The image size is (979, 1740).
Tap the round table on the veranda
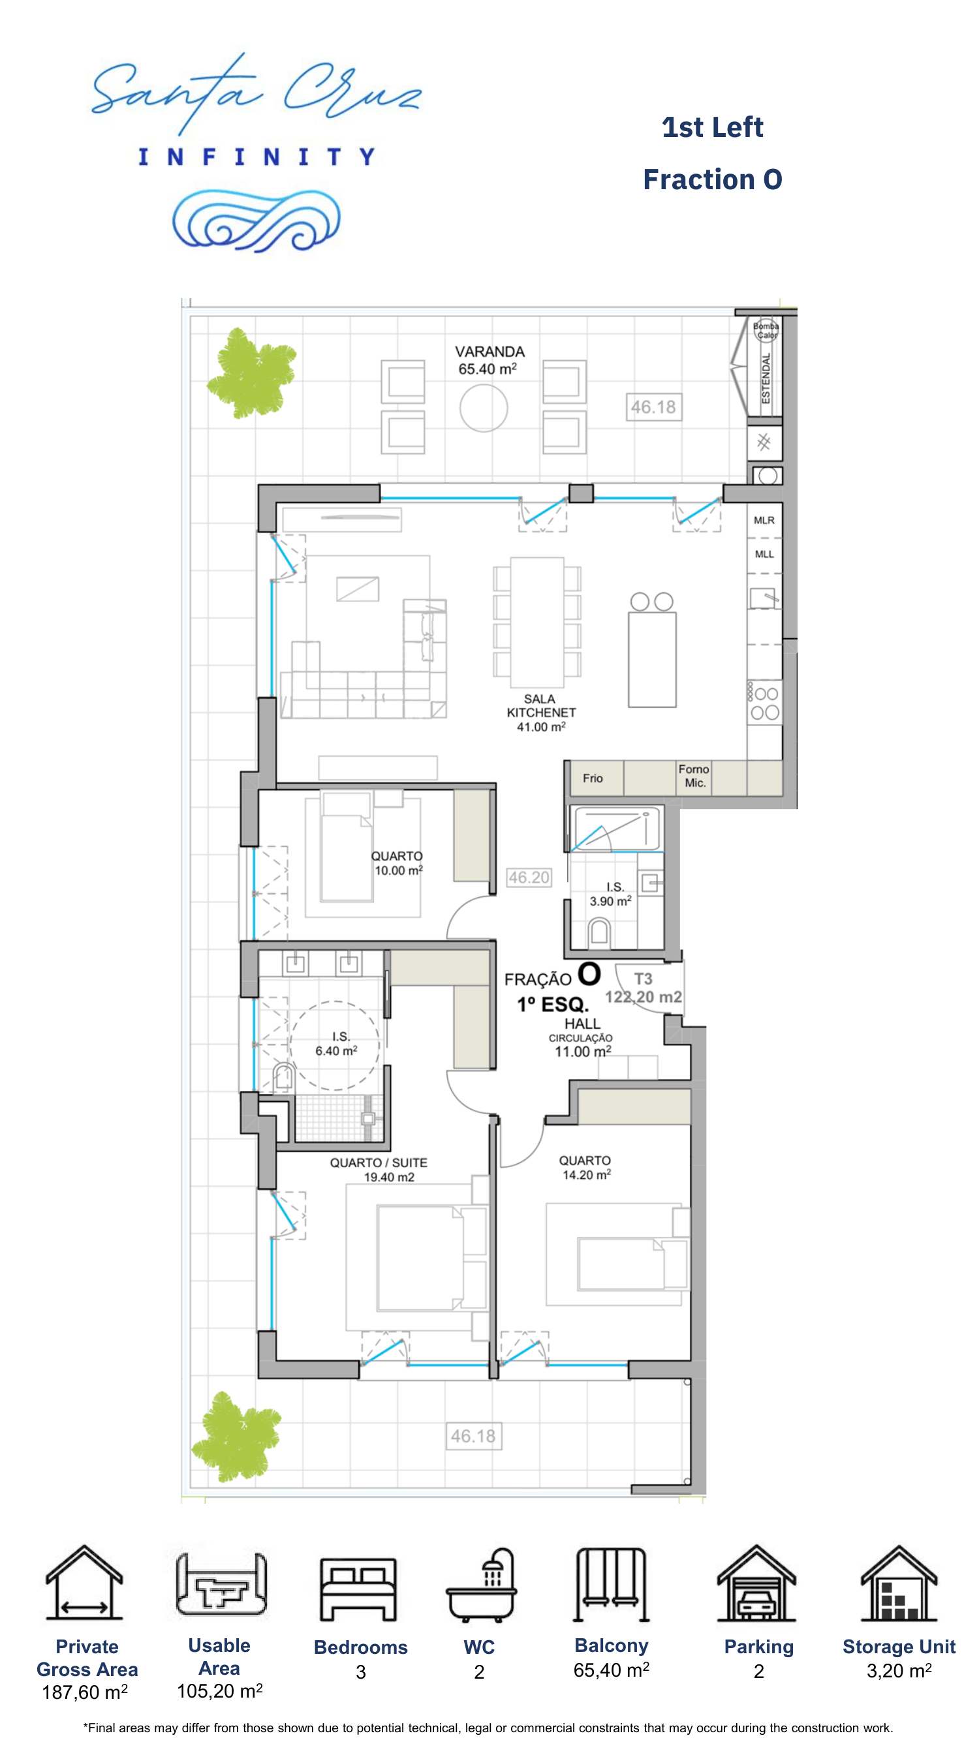click(483, 407)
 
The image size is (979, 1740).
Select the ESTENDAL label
click(766, 378)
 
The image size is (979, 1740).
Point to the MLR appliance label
click(764, 520)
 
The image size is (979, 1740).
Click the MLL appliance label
click(764, 554)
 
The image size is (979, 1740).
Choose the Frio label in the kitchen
click(593, 778)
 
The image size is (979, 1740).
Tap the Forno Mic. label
click(694, 776)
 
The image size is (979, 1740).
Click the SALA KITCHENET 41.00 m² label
click(541, 712)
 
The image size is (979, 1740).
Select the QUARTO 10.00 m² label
click(397, 863)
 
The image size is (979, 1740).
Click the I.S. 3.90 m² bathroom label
click(611, 894)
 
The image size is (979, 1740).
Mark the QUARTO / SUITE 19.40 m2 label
click(379, 1169)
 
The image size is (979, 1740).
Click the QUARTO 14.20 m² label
click(585, 1167)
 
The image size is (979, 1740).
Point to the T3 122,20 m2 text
click(644, 988)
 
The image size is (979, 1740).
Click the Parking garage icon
click(756, 1583)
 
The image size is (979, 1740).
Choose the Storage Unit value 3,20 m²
click(899, 1671)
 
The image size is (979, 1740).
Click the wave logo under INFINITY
click(256, 221)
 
